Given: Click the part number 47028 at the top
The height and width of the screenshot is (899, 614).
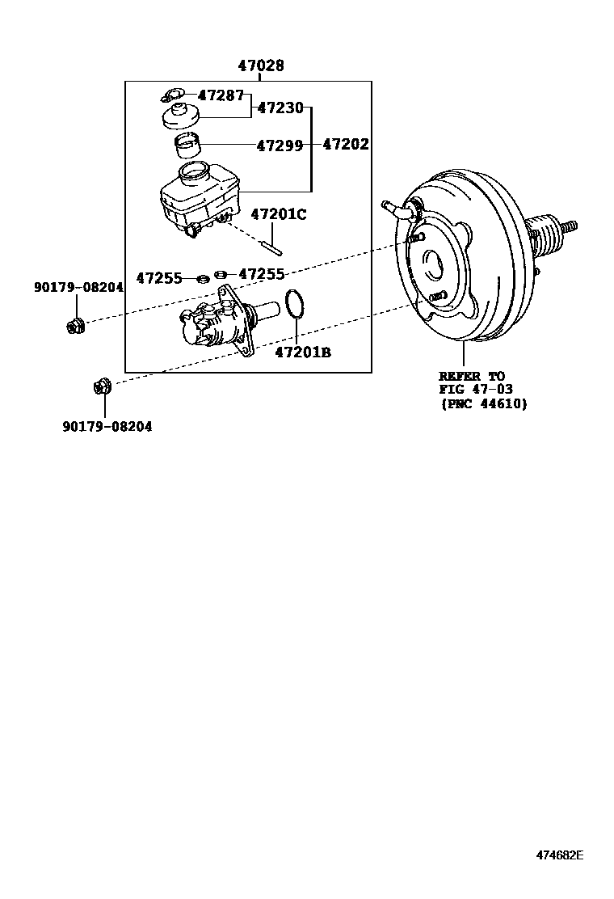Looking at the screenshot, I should click(x=260, y=66).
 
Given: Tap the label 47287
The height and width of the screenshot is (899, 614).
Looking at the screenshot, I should click(x=221, y=95).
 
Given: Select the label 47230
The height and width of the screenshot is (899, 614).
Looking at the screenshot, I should click(x=280, y=108).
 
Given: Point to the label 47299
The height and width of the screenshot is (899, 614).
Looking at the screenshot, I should click(x=280, y=146).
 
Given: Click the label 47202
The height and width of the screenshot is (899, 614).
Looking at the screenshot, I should click(x=346, y=145).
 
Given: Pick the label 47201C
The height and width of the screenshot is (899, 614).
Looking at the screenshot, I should click(x=280, y=214).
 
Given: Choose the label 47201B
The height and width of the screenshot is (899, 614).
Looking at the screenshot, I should click(x=303, y=352).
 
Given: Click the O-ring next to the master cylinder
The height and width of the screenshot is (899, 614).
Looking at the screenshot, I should click(x=296, y=306).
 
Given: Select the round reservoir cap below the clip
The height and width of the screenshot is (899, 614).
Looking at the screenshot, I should click(x=182, y=116).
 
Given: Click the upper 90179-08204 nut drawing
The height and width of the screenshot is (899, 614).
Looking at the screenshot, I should click(x=74, y=326).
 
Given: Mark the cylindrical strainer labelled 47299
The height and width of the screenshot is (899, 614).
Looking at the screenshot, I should click(x=189, y=146).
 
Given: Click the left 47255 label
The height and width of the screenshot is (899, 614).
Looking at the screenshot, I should click(x=158, y=278).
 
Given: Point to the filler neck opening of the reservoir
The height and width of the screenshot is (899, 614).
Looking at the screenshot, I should click(x=193, y=171).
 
